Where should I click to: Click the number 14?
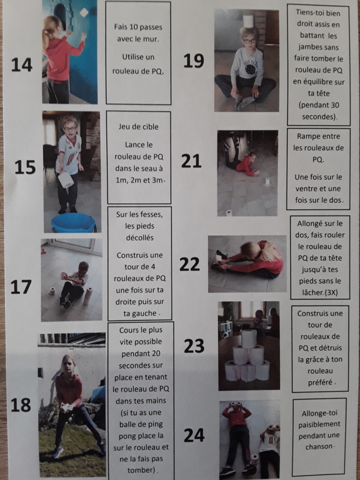[x=22, y=64]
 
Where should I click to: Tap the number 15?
[x=25, y=167]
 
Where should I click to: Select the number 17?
[x=21, y=287]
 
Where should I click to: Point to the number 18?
[x=21, y=405]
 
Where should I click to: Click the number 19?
[x=194, y=61]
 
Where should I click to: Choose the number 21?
[x=191, y=161]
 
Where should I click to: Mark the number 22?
[x=189, y=264]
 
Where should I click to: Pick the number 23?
[x=194, y=346]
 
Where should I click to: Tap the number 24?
[x=194, y=435]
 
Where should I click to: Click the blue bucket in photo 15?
[x=73, y=223]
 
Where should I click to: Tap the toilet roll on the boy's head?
[x=248, y=21]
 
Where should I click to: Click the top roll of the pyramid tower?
[x=249, y=338]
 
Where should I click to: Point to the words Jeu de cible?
[x=139, y=126]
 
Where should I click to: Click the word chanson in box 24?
[x=318, y=447]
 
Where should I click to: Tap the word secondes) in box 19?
[x=318, y=117]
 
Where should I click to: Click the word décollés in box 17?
[x=139, y=237]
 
